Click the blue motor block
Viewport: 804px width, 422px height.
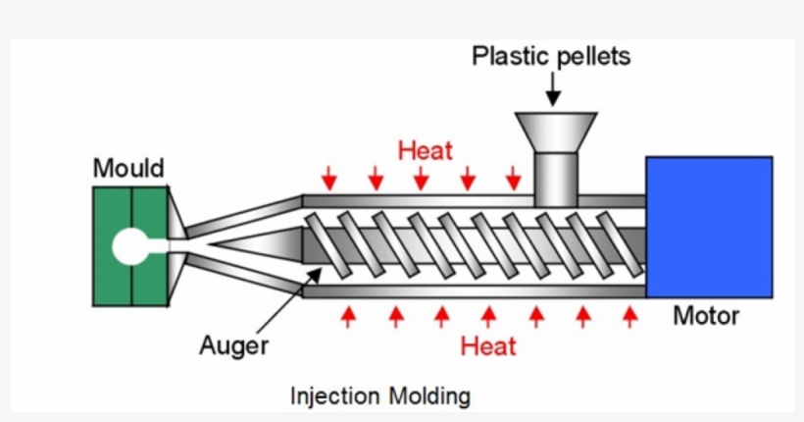pyautogui.click(x=708, y=229)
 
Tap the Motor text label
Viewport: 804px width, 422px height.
pyautogui.click(x=706, y=317)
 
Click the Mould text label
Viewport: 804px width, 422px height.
pyautogui.click(x=128, y=169)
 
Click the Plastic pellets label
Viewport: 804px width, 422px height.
pyautogui.click(x=551, y=56)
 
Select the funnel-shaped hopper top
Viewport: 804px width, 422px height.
pyautogui.click(x=556, y=132)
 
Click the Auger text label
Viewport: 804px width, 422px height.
pyautogui.click(x=233, y=345)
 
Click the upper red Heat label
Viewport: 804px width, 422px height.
pyautogui.click(x=426, y=150)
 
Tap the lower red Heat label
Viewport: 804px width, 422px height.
pyautogui.click(x=488, y=345)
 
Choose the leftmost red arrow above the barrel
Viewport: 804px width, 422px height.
pyautogui.click(x=329, y=178)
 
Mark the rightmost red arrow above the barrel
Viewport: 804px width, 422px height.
pyautogui.click(x=513, y=178)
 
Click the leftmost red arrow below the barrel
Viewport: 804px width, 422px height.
pyautogui.click(x=348, y=316)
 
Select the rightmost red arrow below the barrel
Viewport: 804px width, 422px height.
pyautogui.click(x=630, y=316)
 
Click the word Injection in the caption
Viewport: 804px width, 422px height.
pyautogui.click(x=334, y=396)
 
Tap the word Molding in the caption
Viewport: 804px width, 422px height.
pyautogui.click(x=429, y=396)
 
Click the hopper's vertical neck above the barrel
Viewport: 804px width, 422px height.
pyautogui.click(x=556, y=177)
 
